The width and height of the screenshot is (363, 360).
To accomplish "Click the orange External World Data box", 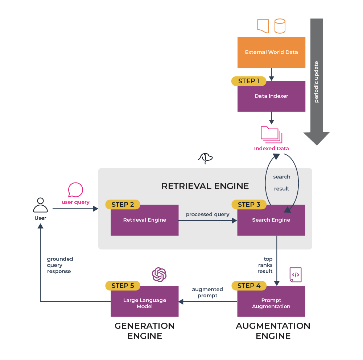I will tap(271, 52).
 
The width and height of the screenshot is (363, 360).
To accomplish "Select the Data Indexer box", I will tap(271, 96).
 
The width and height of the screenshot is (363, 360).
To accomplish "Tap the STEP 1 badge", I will tap(248, 81).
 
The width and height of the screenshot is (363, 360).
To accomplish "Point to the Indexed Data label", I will tap(271, 148).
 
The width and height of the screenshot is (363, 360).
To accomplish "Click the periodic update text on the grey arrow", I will tap(317, 81).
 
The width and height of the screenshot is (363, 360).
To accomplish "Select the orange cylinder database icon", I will tap(280, 26).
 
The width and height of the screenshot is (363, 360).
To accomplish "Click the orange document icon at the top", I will tap(263, 26).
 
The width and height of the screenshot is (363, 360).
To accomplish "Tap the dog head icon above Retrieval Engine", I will tap(205, 158).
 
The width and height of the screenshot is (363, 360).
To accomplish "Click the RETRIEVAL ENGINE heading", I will tap(205, 186).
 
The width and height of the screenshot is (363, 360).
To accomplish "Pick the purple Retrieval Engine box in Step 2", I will tap(144, 220).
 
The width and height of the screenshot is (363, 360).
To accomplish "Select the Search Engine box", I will tap(271, 220).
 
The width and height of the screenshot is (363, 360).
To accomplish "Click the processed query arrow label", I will tap(207, 214).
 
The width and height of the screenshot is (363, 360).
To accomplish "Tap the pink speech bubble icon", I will tap(75, 190).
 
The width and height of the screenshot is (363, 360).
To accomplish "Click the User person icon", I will tap(40, 205).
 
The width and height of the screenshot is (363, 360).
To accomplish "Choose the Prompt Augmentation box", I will tap(271, 304).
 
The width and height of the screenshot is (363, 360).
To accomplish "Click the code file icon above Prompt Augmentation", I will tap(296, 275).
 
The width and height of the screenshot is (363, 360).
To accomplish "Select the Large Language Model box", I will tap(144, 304).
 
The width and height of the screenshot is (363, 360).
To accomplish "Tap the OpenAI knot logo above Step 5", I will tap(159, 275).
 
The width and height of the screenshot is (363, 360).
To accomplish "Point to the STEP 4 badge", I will tap(249, 286).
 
